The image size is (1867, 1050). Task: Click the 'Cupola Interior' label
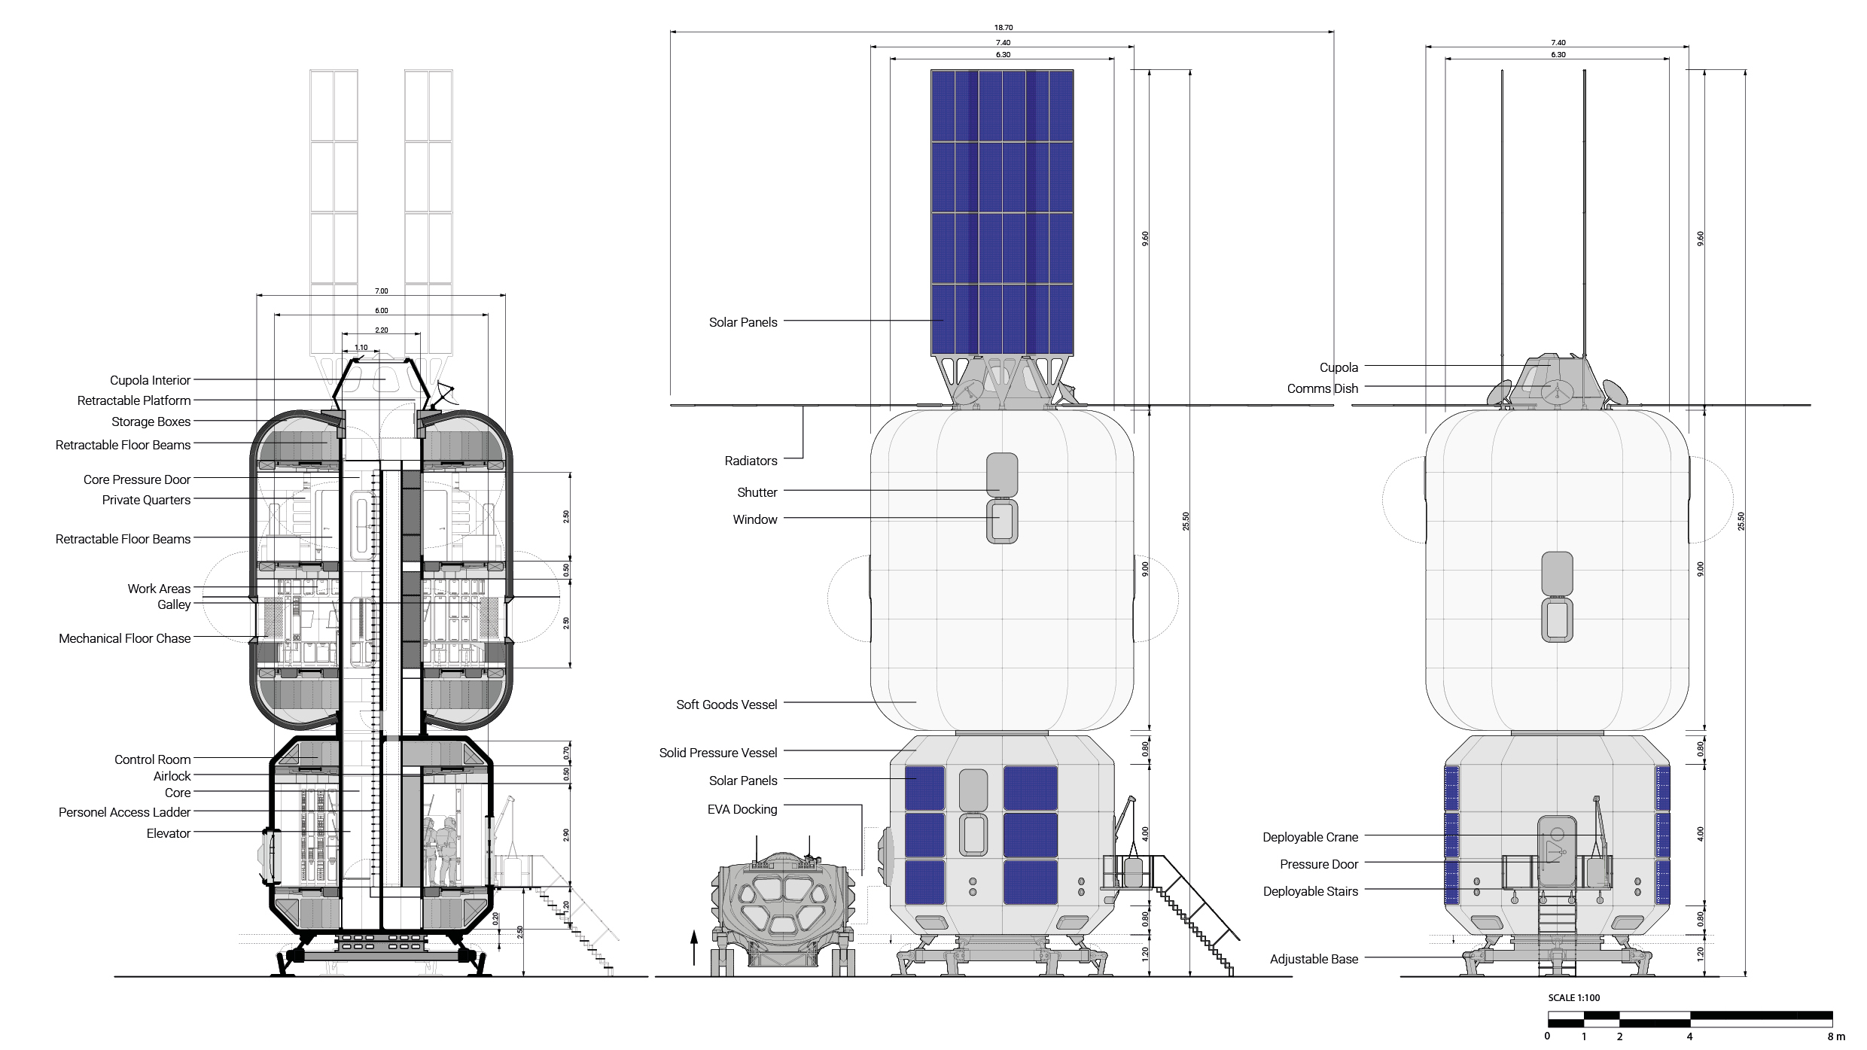coord(150,380)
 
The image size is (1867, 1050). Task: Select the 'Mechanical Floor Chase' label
coord(125,638)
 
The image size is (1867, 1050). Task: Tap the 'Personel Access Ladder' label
coord(125,812)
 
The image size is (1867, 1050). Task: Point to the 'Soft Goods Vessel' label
coord(726,705)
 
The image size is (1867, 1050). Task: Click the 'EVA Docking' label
coord(742,809)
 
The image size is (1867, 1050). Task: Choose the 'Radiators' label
coord(751,461)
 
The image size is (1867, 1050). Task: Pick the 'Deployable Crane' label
coord(1311,837)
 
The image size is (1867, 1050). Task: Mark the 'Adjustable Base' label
coord(1314,959)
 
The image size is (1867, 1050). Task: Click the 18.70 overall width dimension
coord(1003,28)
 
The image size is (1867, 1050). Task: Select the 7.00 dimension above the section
coord(381,291)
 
